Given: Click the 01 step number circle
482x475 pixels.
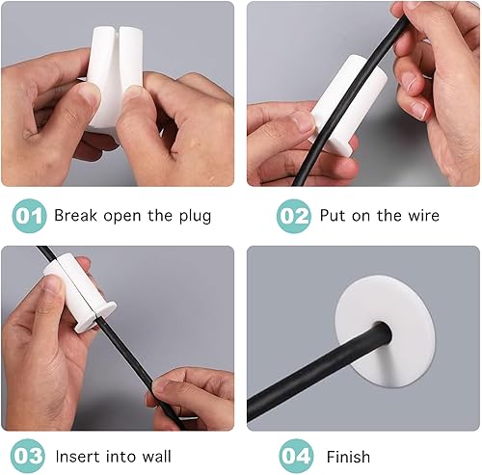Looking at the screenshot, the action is pyautogui.click(x=29, y=216).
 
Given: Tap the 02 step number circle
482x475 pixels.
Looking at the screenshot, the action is pyautogui.click(x=294, y=216).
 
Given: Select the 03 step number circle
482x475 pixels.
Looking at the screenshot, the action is pyautogui.click(x=28, y=456).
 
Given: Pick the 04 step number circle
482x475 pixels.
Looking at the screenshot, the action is pyautogui.click(x=296, y=456).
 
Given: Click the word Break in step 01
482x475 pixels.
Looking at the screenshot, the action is pyautogui.click(x=75, y=215).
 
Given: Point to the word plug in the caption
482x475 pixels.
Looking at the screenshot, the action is pyautogui.click(x=195, y=216).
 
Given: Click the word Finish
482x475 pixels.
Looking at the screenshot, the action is pyautogui.click(x=348, y=457).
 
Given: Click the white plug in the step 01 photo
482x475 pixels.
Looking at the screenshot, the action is pyautogui.click(x=116, y=77).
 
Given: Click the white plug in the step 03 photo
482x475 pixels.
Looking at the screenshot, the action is pyautogui.click(x=79, y=291).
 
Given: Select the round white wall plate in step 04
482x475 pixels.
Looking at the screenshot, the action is pyautogui.click(x=385, y=335).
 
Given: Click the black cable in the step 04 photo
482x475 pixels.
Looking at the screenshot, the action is pyautogui.click(x=318, y=378).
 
